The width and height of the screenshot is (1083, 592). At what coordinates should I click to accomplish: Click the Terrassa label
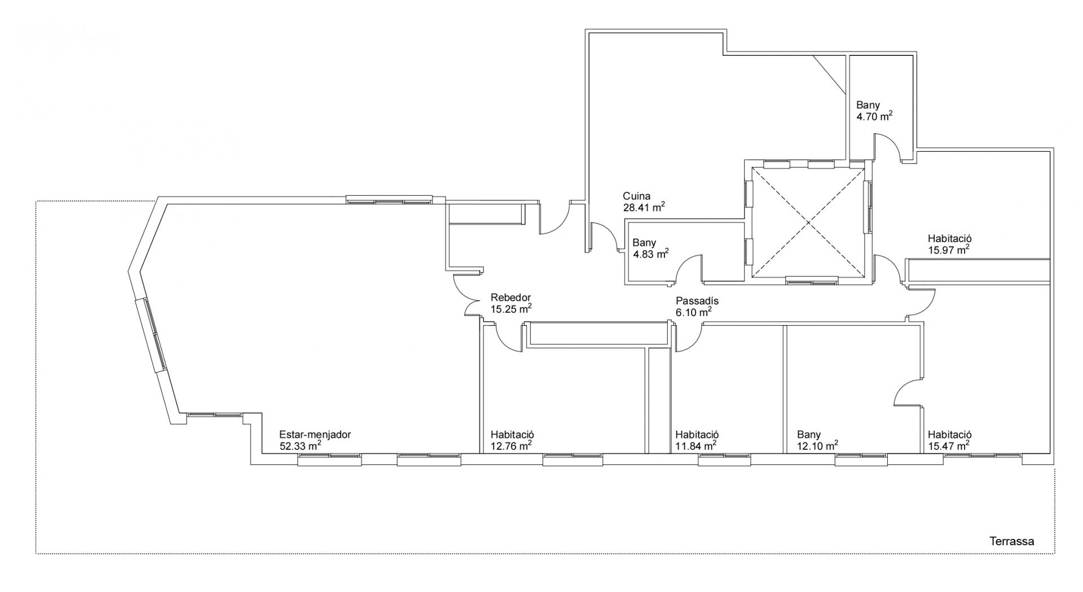[x=1012, y=541]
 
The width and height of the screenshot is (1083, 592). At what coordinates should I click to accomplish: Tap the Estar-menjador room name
[x=315, y=435]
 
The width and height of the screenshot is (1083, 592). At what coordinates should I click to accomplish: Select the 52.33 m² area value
[x=301, y=445]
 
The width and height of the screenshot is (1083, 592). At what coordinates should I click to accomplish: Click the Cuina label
[x=636, y=196]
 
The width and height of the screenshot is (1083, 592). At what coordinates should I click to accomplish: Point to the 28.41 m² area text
[x=644, y=207]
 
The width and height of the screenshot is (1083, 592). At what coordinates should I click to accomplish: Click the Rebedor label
[x=510, y=298]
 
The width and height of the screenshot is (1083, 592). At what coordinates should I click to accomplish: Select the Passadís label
[x=697, y=301]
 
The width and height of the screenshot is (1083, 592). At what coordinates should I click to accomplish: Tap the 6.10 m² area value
[x=694, y=312]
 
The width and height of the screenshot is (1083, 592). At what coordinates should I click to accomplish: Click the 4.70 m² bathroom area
[x=874, y=116]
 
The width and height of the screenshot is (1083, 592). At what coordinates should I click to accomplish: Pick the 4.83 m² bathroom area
[x=650, y=253]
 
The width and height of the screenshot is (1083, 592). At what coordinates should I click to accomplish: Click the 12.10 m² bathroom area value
[x=817, y=445]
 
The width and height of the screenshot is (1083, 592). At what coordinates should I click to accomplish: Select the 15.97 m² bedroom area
[x=949, y=249]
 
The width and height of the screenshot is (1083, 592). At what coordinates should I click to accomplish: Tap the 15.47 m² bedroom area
[x=949, y=445]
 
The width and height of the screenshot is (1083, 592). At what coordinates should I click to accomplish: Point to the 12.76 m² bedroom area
[x=511, y=445]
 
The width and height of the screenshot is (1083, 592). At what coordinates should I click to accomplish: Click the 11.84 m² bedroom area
[x=696, y=445]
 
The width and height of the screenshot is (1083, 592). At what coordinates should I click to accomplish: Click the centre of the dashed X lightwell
[x=808, y=223]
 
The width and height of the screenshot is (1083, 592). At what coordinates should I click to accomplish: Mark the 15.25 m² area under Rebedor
[x=511, y=309]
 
